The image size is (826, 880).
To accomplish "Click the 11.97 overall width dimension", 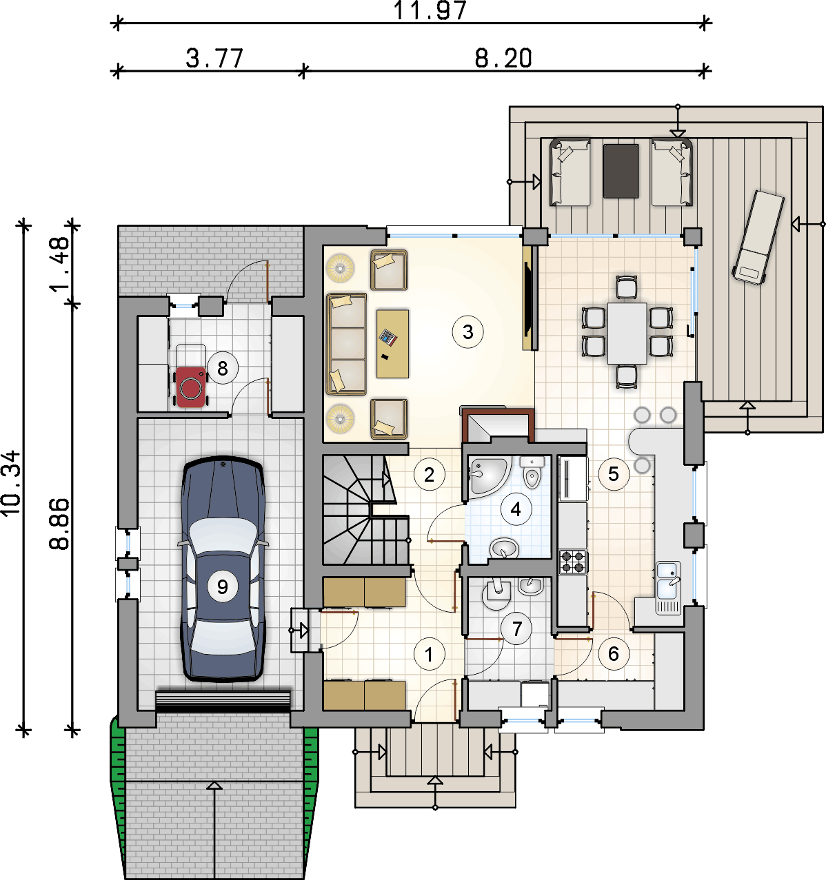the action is [x=430, y=10].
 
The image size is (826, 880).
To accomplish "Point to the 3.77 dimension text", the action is [x=214, y=58].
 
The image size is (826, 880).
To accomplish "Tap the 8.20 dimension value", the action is [x=503, y=58].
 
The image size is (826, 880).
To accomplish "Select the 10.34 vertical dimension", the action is [x=11, y=483].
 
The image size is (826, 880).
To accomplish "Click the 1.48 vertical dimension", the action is [x=59, y=264].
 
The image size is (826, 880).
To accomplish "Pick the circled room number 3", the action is [x=467, y=332].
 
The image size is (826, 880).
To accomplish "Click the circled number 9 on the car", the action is [x=223, y=586].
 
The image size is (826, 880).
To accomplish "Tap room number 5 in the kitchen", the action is [x=613, y=474].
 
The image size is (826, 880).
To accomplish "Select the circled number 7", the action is [x=516, y=628].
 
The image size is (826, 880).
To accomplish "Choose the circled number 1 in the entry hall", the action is [x=429, y=654].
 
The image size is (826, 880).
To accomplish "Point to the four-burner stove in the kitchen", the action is [x=573, y=562].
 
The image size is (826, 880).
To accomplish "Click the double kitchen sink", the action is [x=668, y=587].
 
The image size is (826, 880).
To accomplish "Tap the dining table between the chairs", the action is [x=627, y=334].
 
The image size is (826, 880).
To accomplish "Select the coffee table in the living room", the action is [x=392, y=344].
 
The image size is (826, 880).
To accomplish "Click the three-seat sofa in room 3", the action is [x=346, y=344].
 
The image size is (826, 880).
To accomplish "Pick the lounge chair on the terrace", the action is [x=757, y=237].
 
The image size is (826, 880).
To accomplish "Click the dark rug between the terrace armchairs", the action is [x=621, y=171].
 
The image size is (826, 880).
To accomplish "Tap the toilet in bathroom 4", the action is [x=532, y=472].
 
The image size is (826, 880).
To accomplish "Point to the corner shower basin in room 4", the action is [x=487, y=476].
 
